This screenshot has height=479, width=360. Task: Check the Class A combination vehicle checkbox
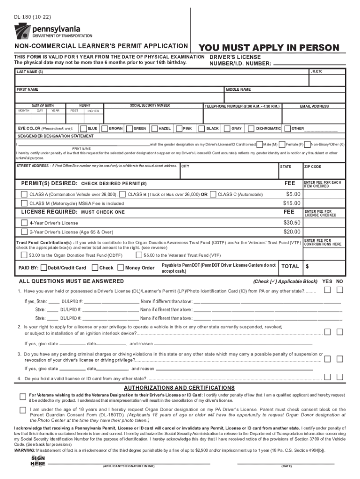(x=24, y=194)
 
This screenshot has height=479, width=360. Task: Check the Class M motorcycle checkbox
(x=24, y=203)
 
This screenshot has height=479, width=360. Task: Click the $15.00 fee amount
(x=291, y=203)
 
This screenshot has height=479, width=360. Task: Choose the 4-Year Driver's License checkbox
(x=24, y=223)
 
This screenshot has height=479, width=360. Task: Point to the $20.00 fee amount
(x=291, y=232)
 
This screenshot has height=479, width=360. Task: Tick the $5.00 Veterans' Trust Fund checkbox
(x=139, y=255)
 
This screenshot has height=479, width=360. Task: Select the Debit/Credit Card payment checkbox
(x=43, y=268)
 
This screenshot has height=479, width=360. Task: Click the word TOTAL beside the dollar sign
(x=290, y=266)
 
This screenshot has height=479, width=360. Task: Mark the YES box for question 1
(x=328, y=290)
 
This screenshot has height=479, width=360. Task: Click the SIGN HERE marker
(x=38, y=460)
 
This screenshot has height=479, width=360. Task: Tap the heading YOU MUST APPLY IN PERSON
(x=269, y=48)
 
